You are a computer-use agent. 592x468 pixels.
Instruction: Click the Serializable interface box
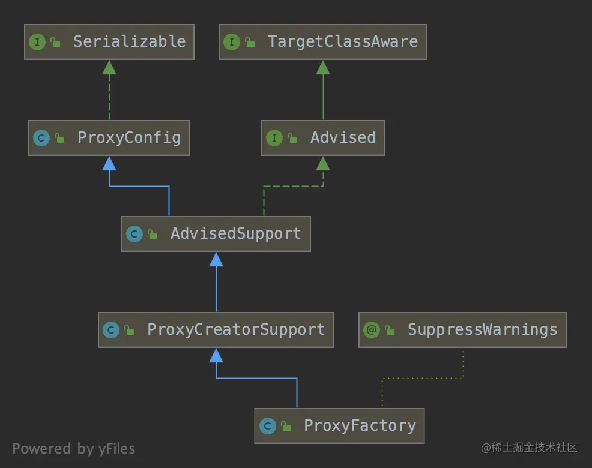(x=109, y=42)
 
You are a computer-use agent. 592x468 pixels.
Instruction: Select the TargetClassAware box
(x=322, y=42)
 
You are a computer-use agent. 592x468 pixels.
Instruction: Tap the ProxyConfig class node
(x=109, y=138)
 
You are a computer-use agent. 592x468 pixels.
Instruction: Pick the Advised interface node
(x=322, y=138)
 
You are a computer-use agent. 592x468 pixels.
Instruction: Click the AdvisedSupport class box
(x=216, y=234)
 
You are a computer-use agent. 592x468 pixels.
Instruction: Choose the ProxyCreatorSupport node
(x=216, y=330)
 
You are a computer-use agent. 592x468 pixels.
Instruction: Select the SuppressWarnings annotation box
(x=462, y=330)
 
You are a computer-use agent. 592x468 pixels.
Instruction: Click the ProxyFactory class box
(x=339, y=426)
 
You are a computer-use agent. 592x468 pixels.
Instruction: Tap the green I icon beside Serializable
(x=37, y=42)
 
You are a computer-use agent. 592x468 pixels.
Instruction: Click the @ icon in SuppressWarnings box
(x=372, y=330)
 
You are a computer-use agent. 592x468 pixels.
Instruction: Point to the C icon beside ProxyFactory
(x=268, y=426)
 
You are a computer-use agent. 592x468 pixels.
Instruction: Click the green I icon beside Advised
(x=274, y=138)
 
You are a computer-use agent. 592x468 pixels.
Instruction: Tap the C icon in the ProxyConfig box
(x=41, y=138)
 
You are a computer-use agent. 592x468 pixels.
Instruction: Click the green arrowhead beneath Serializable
(x=109, y=67)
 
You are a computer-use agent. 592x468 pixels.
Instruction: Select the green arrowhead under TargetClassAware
(x=323, y=67)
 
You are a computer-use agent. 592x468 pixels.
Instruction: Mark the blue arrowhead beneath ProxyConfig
(x=109, y=163)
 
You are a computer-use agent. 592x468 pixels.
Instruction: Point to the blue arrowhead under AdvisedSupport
(x=216, y=259)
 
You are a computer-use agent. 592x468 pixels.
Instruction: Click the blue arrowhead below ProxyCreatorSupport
(x=216, y=355)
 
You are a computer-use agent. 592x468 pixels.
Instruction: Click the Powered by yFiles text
(x=73, y=449)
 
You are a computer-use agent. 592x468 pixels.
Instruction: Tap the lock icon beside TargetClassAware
(x=249, y=42)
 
